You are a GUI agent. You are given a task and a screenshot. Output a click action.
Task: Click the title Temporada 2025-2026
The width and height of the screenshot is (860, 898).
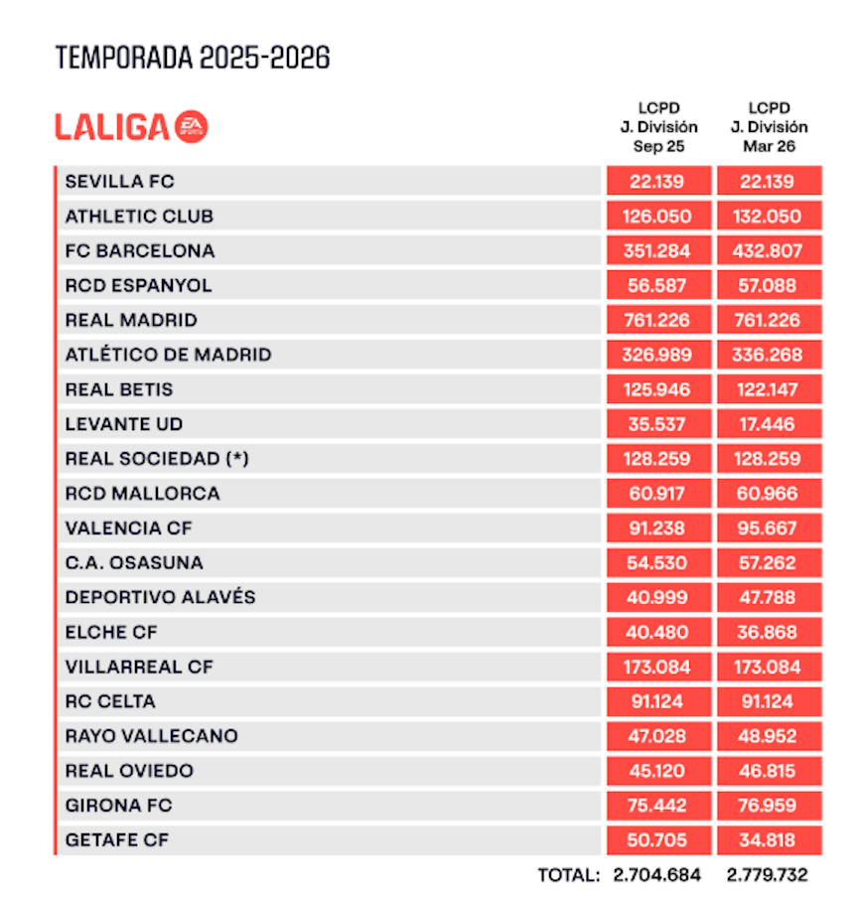tap(193, 58)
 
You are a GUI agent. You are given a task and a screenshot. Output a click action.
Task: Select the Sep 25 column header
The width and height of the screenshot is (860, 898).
tap(658, 127)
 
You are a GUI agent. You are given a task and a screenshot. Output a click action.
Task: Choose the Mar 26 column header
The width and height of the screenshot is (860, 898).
tap(769, 127)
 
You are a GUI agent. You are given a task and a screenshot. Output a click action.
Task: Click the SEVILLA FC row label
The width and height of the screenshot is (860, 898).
tap(120, 182)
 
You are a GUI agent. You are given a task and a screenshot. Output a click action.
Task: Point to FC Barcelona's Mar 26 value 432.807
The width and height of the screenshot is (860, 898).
tap(768, 251)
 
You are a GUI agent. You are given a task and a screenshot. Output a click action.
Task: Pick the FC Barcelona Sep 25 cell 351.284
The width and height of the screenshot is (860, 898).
tap(658, 251)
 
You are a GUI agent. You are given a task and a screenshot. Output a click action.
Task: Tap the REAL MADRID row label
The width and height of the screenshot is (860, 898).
tap(131, 321)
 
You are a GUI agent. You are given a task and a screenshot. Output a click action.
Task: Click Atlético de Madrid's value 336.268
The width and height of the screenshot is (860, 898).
tap(768, 356)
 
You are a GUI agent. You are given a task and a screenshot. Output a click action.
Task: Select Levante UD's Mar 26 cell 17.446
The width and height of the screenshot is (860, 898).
tap(768, 424)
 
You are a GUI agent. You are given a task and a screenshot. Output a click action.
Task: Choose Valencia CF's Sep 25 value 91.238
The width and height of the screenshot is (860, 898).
tap(658, 528)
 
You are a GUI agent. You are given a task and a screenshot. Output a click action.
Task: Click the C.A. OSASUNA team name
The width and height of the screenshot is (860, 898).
tap(134, 563)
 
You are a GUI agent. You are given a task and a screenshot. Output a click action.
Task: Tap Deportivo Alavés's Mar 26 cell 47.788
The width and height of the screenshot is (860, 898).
tap(768, 598)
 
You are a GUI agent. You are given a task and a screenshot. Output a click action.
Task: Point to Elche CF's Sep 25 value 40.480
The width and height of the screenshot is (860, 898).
tap(658, 633)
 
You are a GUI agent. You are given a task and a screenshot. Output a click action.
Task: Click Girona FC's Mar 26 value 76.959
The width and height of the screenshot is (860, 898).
tap(768, 806)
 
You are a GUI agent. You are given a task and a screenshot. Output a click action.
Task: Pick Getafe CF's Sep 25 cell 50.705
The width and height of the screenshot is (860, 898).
tap(658, 840)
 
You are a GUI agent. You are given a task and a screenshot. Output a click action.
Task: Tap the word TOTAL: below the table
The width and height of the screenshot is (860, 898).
tap(568, 876)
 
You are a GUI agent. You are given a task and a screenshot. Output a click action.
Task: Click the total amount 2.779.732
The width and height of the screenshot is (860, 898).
tap(768, 876)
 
